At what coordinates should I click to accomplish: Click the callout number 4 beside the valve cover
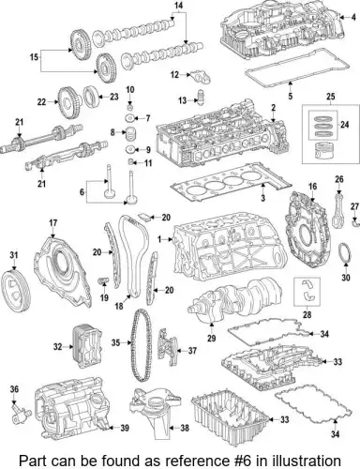tap(353, 17)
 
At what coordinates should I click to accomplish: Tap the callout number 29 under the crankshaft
tap(212, 338)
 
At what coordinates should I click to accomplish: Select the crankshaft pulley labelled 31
tap(16, 291)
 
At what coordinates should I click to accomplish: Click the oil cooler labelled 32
tap(84, 347)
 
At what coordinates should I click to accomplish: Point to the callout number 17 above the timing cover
tap(53, 223)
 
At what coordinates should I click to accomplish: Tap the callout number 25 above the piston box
tap(331, 97)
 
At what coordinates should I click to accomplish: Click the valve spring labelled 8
tap(130, 134)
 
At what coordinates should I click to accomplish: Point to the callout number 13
tap(182, 100)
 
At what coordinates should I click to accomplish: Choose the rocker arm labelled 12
tap(202, 77)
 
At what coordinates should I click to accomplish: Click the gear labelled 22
tap(68, 101)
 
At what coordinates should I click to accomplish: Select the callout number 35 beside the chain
tap(115, 342)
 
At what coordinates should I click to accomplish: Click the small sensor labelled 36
tap(21, 414)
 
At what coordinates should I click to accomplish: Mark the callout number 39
tap(125, 428)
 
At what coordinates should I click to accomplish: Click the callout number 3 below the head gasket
tap(262, 198)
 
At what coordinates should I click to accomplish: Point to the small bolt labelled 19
tap(103, 280)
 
